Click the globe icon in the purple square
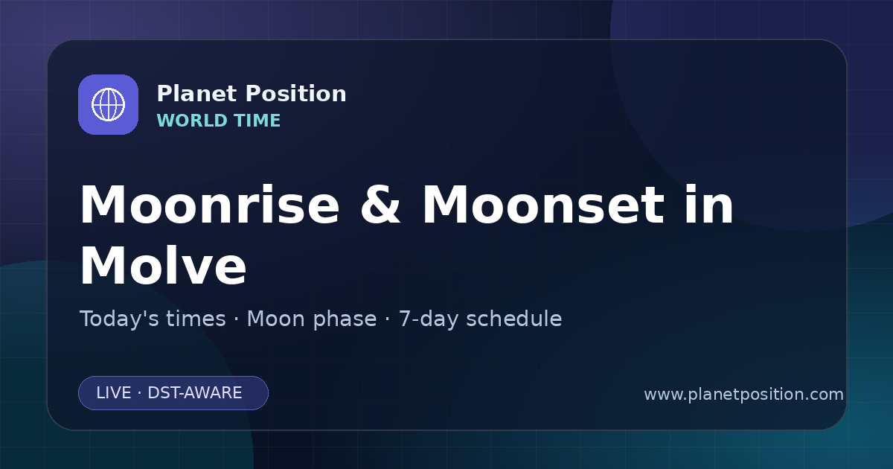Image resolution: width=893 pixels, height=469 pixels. pos(108,104)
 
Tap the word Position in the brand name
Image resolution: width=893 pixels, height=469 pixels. pos(296,94)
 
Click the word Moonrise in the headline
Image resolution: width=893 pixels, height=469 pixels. pos(210,205)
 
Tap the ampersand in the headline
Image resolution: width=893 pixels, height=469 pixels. pos(380,205)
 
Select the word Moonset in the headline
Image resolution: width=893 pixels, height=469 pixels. pos(543,205)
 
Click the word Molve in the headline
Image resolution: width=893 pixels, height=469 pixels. pos(163,265)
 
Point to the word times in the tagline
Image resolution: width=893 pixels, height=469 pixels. pos(196,319)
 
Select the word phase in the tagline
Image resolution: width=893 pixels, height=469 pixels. pos(345,320)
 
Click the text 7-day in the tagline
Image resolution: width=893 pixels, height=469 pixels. pos(429,320)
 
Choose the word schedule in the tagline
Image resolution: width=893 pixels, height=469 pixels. pos(514,319)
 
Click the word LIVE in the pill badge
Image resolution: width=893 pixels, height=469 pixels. pos(114,393)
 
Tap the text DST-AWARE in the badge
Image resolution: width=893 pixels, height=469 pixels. pos(195,393)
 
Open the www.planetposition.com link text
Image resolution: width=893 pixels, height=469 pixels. pos(744,395)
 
